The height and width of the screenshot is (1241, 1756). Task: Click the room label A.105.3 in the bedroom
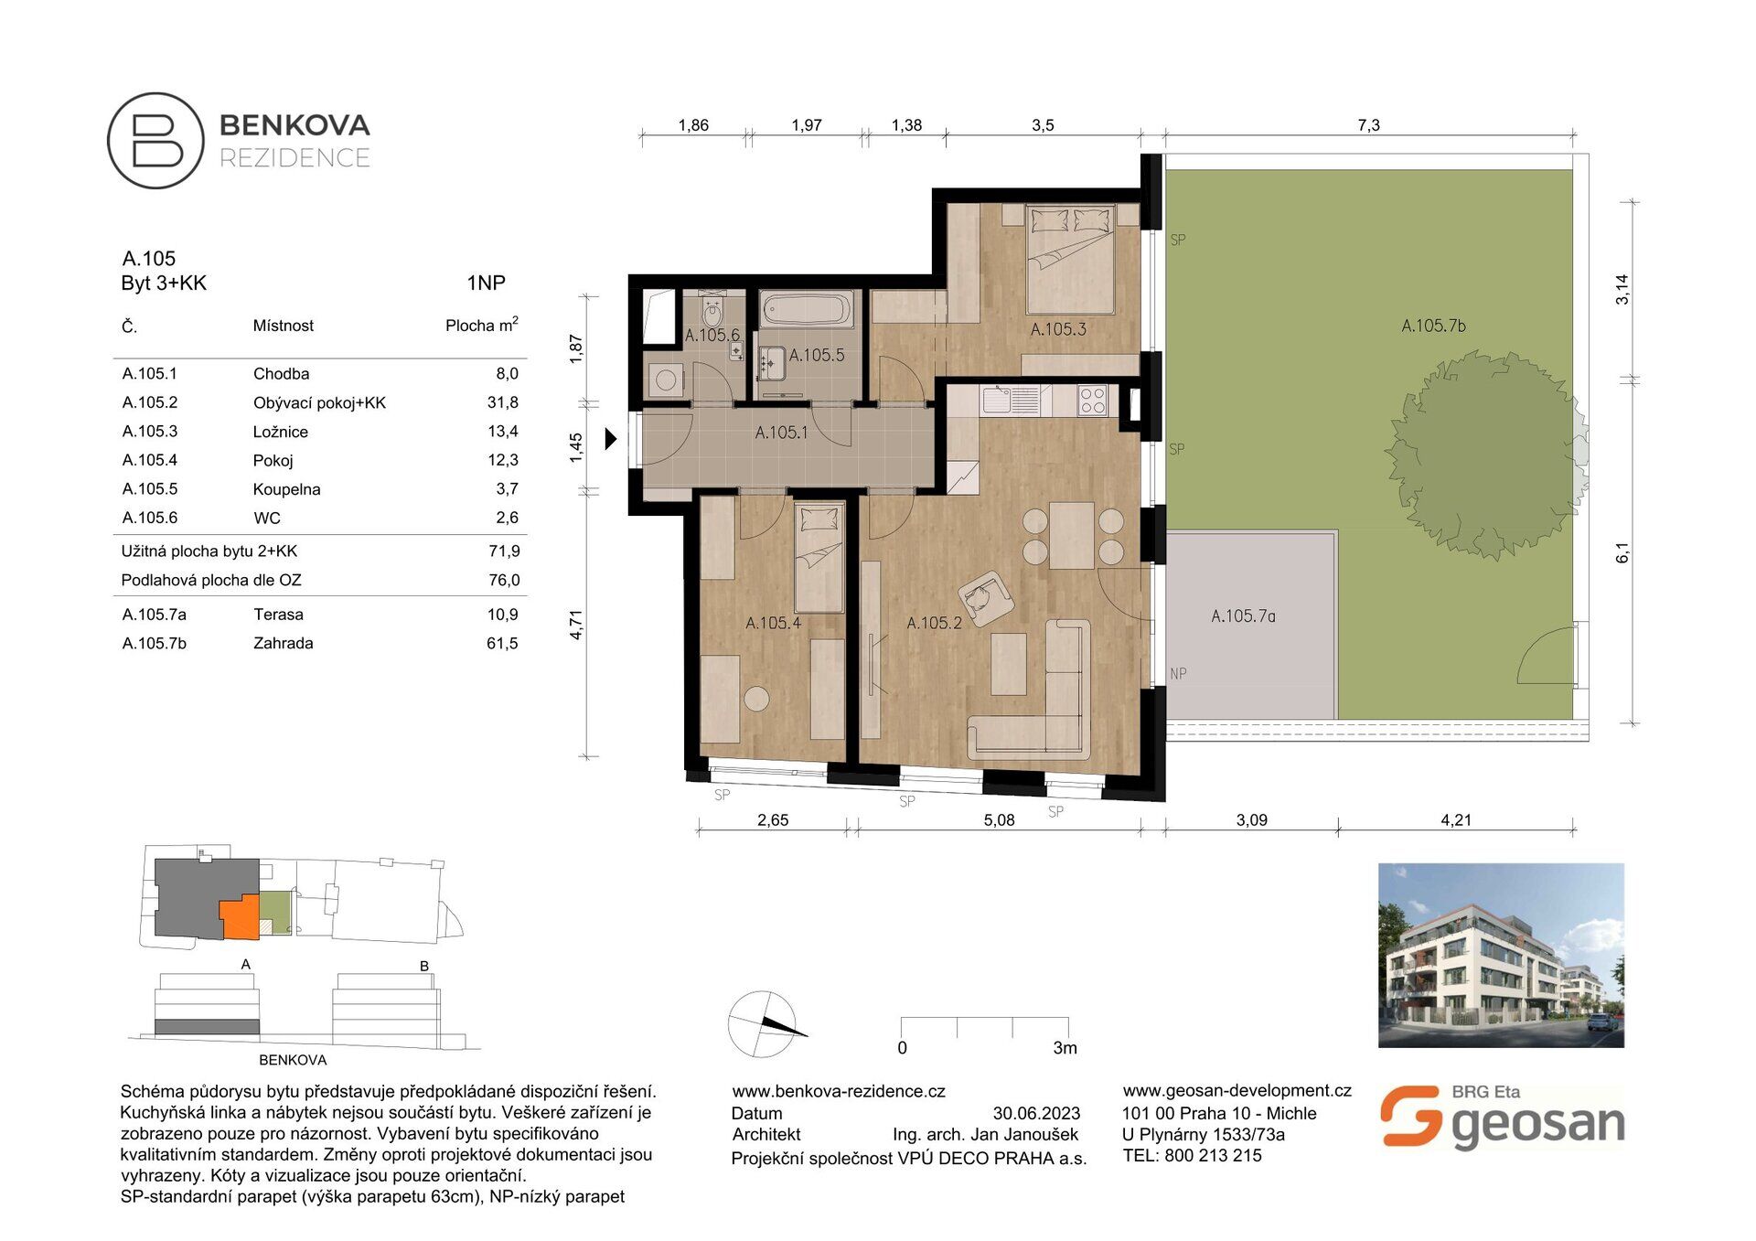coord(1058,329)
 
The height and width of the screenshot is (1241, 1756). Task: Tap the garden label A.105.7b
coord(1433,326)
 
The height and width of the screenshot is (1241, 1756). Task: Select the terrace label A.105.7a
coord(1243,616)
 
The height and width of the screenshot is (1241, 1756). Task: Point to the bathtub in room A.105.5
coord(806,309)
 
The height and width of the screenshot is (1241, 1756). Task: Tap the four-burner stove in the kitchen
coord(1092,401)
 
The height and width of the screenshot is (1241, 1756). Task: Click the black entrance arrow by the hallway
coord(611,439)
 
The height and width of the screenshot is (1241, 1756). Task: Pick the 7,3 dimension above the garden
coord(1368,125)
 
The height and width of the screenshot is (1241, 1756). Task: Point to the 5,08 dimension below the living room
coord(999,820)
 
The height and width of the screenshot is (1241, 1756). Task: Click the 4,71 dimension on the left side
coord(575,625)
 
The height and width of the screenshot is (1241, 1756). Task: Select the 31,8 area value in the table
coord(503,402)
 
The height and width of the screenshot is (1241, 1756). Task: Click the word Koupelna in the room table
coord(286,489)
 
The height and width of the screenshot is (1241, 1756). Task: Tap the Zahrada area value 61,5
coord(502,644)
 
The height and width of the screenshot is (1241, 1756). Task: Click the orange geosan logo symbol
coord(1410,1116)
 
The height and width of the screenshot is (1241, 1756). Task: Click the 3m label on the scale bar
coord(1065,1048)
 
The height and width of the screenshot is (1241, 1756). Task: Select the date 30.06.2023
coord(1036,1114)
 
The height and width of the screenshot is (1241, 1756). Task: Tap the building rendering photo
coord(1501,955)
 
